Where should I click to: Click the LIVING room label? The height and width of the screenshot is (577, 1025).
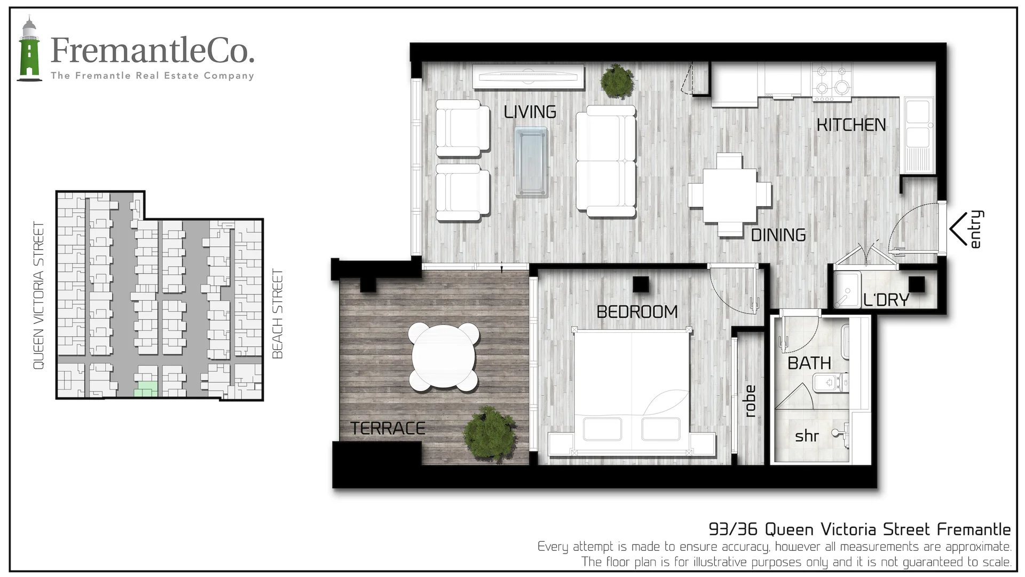530,112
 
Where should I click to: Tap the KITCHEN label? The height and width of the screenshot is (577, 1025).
851,125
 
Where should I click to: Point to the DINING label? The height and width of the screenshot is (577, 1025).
778,235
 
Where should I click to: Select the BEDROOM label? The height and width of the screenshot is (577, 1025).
637,311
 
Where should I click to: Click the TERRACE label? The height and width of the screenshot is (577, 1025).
388,428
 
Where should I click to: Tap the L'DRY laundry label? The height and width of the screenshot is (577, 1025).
886,300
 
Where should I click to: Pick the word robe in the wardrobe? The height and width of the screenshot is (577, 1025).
750,401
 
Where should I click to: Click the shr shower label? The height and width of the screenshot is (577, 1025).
807,436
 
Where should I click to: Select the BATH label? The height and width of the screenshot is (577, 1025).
809,363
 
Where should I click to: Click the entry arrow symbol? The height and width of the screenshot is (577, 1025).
958,229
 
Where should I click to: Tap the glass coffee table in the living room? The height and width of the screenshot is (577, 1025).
531,162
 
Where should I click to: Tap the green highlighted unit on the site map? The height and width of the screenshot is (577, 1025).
146,389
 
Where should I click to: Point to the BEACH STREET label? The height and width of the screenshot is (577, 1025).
277,314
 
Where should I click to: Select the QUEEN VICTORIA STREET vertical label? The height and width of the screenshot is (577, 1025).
38,295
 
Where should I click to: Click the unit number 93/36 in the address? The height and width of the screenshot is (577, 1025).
732,529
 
